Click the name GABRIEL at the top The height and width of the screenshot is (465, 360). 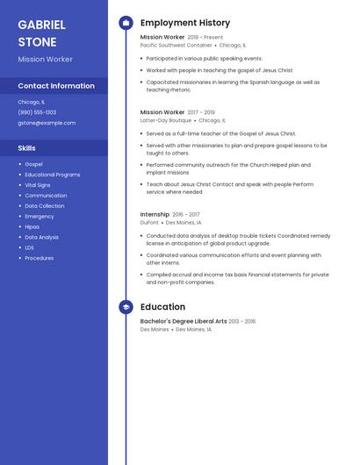pyautogui.click(x=41, y=25)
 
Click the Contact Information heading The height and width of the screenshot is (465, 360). pyautogui.click(x=56, y=86)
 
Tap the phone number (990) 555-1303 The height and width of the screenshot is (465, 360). pyautogui.click(x=37, y=112)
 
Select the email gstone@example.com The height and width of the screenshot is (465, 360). pyautogui.click(x=47, y=123)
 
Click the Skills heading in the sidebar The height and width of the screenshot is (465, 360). pyautogui.click(x=26, y=148)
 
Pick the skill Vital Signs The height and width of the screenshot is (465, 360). pyautogui.click(x=38, y=185)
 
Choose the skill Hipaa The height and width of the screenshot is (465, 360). pyautogui.click(x=32, y=226)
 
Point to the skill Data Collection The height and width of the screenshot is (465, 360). pyautogui.click(x=44, y=206)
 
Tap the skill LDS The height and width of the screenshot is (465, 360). pyautogui.click(x=30, y=247)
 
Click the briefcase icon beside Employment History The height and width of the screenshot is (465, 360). pyautogui.click(x=126, y=23)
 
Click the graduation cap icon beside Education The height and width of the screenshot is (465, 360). pyautogui.click(x=126, y=307)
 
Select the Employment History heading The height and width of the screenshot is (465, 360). pyautogui.click(x=185, y=23)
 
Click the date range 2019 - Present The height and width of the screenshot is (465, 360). pyautogui.click(x=205, y=38)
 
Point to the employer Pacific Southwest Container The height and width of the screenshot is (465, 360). pyautogui.click(x=176, y=45)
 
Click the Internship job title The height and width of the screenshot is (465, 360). pyautogui.click(x=155, y=214)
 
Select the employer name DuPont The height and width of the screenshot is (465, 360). pyautogui.click(x=149, y=223)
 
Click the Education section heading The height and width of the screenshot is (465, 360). pyautogui.click(x=162, y=307)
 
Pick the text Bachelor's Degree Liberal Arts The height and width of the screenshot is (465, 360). pyautogui.click(x=184, y=322)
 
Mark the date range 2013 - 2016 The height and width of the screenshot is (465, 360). pyautogui.click(x=242, y=322)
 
